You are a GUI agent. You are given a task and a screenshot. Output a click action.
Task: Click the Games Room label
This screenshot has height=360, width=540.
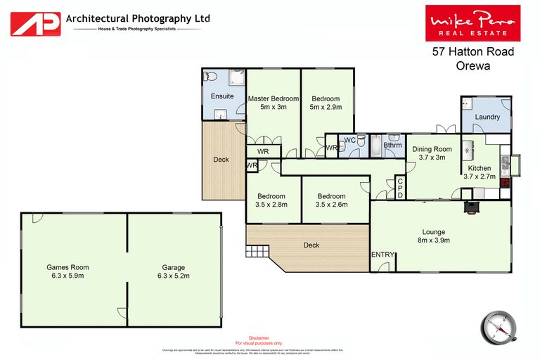(67, 271)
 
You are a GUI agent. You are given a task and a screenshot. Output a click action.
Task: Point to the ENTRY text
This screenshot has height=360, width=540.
(382, 255)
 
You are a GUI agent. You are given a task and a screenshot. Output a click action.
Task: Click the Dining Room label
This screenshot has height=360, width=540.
(432, 153)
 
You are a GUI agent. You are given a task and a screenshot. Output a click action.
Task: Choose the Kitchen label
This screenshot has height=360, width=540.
(480, 172)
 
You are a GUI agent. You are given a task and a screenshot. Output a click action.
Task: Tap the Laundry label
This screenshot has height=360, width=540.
(486, 117)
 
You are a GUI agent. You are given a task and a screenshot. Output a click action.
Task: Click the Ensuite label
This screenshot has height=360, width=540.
(222, 96)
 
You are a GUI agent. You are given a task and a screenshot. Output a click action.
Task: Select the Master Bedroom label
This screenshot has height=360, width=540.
(274, 103)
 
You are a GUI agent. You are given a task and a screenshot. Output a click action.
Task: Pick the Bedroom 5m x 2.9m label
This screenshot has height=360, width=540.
(326, 103)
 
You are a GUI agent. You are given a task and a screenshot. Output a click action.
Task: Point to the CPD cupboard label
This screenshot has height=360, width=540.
(400, 188)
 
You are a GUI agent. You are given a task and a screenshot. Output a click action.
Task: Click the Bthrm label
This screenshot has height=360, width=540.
(393, 146)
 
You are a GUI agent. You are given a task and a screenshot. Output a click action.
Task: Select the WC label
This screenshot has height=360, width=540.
(349, 140)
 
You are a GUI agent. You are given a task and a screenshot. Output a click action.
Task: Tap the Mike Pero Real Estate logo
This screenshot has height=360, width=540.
(472, 23)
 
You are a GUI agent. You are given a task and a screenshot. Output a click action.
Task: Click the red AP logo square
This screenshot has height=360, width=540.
(34, 23)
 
